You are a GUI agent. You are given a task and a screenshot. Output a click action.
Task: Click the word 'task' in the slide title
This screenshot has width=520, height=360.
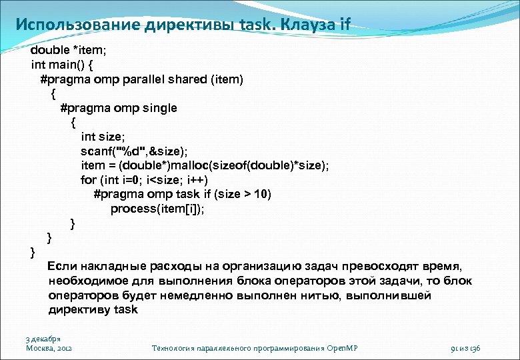tap(255, 25)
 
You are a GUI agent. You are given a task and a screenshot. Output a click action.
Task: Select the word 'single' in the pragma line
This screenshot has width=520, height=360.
tap(160, 108)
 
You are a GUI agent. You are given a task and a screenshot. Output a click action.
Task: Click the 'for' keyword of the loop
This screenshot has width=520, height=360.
tap(88, 180)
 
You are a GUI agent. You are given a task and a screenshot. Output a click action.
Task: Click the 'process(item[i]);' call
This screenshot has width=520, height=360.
tap(158, 209)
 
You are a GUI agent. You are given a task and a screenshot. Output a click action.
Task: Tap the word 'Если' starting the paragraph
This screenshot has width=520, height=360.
tap(63, 266)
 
